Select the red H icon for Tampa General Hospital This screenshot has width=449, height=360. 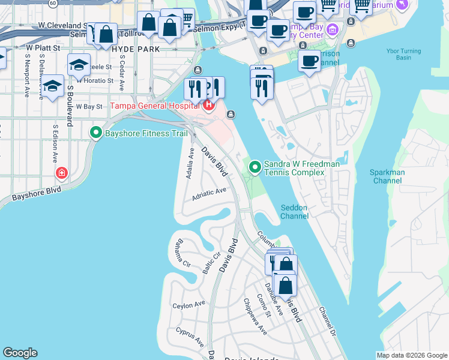(x=208, y=106)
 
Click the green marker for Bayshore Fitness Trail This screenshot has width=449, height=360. (x=95, y=133)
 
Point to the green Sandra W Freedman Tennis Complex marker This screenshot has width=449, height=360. (x=255, y=167)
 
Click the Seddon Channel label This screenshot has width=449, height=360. (x=294, y=212)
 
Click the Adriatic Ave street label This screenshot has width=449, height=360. (x=209, y=193)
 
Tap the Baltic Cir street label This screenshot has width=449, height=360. (x=212, y=263)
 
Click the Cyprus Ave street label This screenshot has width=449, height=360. (x=190, y=337)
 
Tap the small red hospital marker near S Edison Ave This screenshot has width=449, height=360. (x=61, y=174)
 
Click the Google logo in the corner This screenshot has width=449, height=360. (x=20, y=353)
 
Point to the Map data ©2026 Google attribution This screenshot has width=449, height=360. (x=412, y=355)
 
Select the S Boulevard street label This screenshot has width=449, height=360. (x=70, y=105)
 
